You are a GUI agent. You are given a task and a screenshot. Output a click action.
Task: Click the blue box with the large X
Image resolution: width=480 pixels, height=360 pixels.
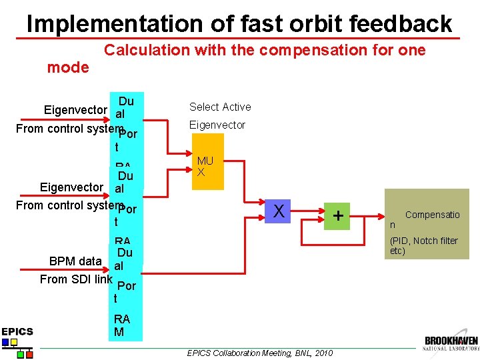point(279,211)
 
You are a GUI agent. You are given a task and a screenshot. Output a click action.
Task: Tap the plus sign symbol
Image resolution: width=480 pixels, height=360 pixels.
point(339,215)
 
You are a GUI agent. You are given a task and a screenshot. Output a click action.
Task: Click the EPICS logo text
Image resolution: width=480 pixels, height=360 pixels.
point(17,331)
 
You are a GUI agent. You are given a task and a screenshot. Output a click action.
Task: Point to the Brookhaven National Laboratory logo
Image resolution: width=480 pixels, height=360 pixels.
point(451,343)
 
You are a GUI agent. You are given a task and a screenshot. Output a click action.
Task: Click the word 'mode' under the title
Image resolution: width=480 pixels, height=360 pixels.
point(67,67)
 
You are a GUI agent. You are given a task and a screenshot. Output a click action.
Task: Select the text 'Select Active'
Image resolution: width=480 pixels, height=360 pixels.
point(220,107)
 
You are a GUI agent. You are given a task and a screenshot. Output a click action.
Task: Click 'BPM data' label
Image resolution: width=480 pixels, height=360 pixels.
point(75,261)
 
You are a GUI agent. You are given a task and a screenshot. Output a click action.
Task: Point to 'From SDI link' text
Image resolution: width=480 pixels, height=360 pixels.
point(75,279)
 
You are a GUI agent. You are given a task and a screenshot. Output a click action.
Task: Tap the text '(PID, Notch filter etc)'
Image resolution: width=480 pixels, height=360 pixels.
point(423,246)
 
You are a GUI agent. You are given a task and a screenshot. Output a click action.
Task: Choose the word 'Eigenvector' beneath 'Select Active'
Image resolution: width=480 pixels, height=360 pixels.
point(217,125)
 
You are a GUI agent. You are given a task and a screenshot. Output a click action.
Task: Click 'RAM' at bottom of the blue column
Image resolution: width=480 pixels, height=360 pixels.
point(122,325)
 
